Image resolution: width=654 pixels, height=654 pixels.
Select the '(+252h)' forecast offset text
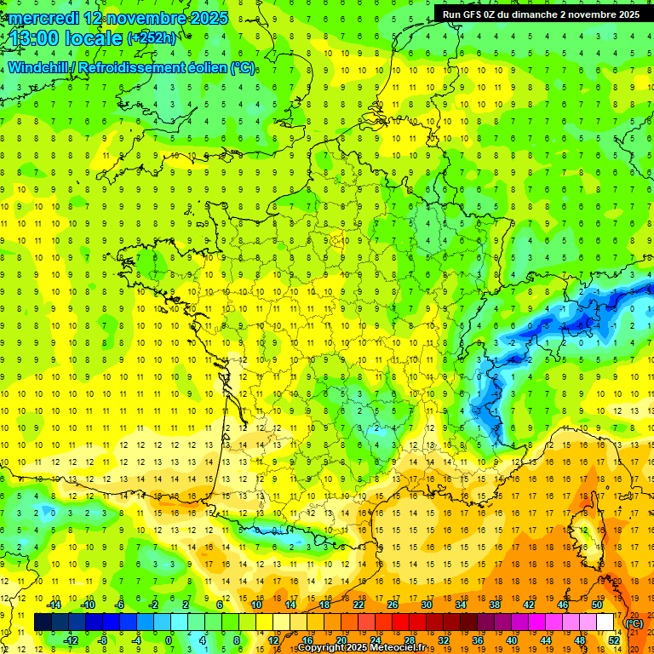(152, 37)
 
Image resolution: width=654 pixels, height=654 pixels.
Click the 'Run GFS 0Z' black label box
(542, 14)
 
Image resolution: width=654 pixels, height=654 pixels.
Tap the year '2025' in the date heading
(204, 18)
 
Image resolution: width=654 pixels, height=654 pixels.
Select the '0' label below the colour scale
(169, 640)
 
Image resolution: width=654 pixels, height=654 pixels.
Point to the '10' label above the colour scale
(256, 605)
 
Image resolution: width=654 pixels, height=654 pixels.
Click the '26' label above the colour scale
(393, 605)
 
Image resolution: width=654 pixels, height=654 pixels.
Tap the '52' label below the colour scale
(613, 640)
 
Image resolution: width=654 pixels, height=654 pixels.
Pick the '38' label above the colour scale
(495, 605)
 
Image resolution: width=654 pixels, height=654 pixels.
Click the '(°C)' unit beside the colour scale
(634, 622)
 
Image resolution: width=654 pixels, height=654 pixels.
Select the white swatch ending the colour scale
(605, 622)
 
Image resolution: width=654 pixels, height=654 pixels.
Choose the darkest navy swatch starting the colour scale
(43, 622)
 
